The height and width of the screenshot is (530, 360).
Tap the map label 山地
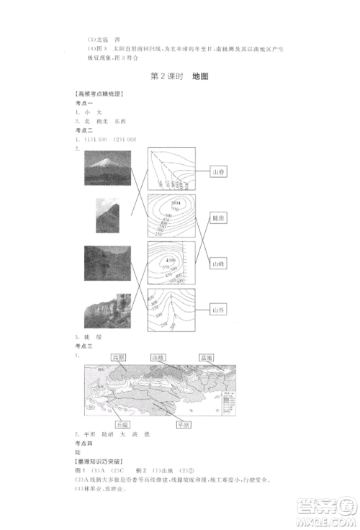pyautogui.click(x=158, y=358)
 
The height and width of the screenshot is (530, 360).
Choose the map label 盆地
pyautogui.click(x=209, y=358)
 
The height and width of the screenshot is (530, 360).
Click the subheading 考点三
pyautogui.click(x=84, y=346)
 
